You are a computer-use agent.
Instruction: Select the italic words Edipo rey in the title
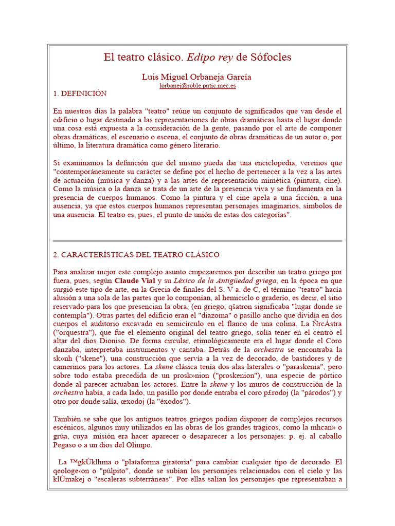(210, 57)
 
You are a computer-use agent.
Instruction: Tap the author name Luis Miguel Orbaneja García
(196, 77)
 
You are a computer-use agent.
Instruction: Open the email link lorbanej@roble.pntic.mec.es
(197, 86)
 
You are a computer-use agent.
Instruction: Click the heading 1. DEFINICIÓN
(80, 93)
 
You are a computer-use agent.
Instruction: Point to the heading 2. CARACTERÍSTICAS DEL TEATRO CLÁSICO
(136, 255)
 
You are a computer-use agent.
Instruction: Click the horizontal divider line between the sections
(197, 240)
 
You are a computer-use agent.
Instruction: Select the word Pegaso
(65, 445)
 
